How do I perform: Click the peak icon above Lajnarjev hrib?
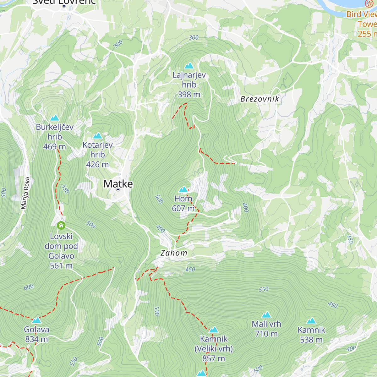(x=189, y=66)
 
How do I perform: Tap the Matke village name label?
(x=118, y=184)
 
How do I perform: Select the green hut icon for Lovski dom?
(x=61, y=225)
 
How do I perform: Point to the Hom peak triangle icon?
(x=183, y=189)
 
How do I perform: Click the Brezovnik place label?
(x=260, y=99)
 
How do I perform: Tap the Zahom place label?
(x=174, y=253)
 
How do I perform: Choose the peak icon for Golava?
(x=36, y=320)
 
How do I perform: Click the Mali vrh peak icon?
(x=266, y=315)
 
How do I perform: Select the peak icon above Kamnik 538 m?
(x=311, y=321)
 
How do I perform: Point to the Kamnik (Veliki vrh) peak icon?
(x=214, y=330)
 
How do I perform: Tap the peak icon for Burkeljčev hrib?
(x=55, y=118)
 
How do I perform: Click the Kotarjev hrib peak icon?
(x=97, y=136)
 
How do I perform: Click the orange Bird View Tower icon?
(x=369, y=3)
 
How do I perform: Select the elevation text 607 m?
(x=183, y=208)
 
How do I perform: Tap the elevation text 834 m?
(x=36, y=339)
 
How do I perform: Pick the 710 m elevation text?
(x=266, y=334)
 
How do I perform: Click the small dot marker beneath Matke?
(x=118, y=189)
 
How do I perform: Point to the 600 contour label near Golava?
(x=29, y=287)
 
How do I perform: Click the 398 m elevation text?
(x=189, y=94)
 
